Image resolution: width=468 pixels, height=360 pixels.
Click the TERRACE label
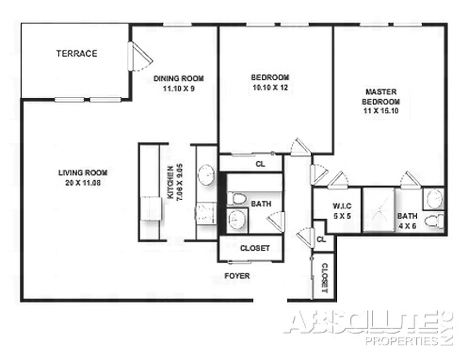[76, 54]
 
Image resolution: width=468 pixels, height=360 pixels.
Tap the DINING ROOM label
[178, 78]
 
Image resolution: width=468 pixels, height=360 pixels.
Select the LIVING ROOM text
[83, 172]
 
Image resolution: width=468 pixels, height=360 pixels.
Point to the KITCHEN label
[170, 183]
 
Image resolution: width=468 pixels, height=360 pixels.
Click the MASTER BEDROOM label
[381, 96]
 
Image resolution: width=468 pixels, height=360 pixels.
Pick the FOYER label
[237, 276]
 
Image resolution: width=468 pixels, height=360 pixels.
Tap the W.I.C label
[342, 206]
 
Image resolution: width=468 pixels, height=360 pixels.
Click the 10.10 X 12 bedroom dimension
[269, 88]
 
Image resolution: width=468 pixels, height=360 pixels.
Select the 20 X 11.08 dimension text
[83, 183]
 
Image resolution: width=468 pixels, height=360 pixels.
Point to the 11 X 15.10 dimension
[381, 111]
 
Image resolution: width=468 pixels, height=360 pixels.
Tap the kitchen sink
[207, 174]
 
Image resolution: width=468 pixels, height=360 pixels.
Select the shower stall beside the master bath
[379, 209]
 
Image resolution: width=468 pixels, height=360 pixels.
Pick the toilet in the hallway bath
[236, 198]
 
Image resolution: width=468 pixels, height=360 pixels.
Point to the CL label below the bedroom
[260, 164]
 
